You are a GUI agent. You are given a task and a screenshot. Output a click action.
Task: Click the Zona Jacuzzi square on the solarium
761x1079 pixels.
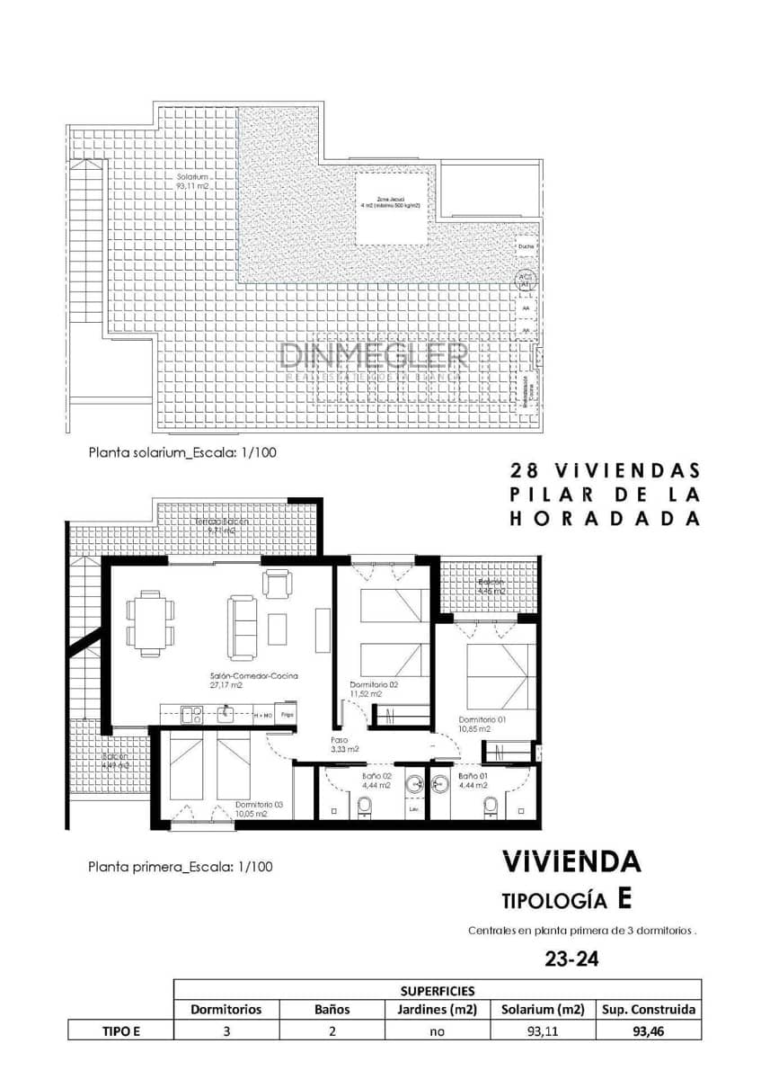tap(390, 207)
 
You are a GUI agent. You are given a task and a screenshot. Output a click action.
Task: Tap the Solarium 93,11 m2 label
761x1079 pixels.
tap(194, 182)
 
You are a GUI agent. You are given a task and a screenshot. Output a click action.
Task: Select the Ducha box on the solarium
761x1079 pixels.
tap(526, 245)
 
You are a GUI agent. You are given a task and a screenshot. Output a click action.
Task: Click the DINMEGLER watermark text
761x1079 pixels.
tap(374, 355)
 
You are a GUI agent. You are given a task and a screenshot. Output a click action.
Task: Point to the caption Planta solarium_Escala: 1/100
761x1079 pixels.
tap(181, 452)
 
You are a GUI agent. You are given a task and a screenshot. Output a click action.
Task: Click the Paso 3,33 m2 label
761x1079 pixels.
tap(344, 745)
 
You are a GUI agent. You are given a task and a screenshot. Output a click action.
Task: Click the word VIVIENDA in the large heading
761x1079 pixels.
tap(571, 861)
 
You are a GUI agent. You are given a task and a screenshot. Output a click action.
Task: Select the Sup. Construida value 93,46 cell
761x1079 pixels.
tap(647, 1031)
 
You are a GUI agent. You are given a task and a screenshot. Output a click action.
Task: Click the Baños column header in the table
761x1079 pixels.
tap(332, 1009)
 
